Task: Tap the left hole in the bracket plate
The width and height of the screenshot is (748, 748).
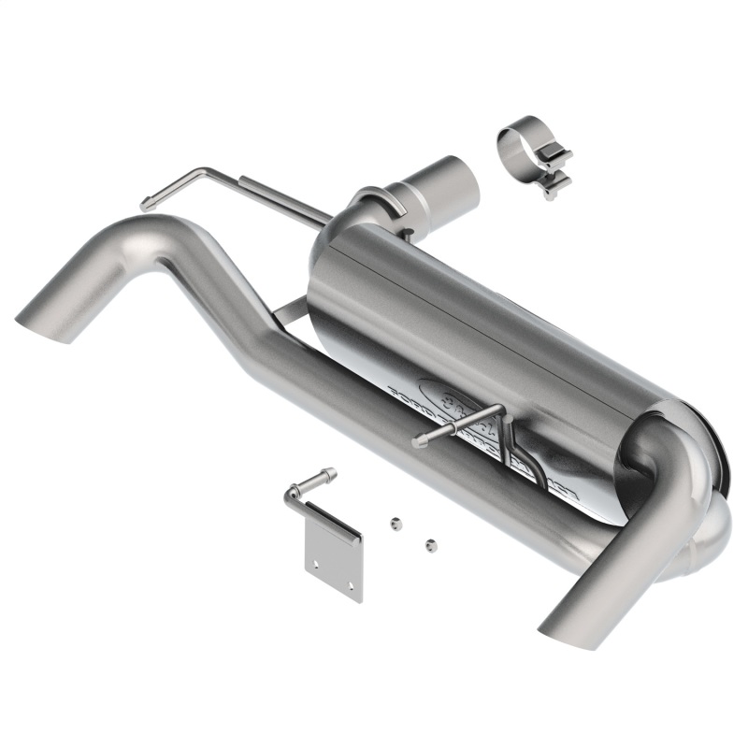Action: point(316,564)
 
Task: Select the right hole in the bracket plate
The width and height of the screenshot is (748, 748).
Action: point(351,585)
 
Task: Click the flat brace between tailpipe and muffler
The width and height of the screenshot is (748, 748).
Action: point(295,314)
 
